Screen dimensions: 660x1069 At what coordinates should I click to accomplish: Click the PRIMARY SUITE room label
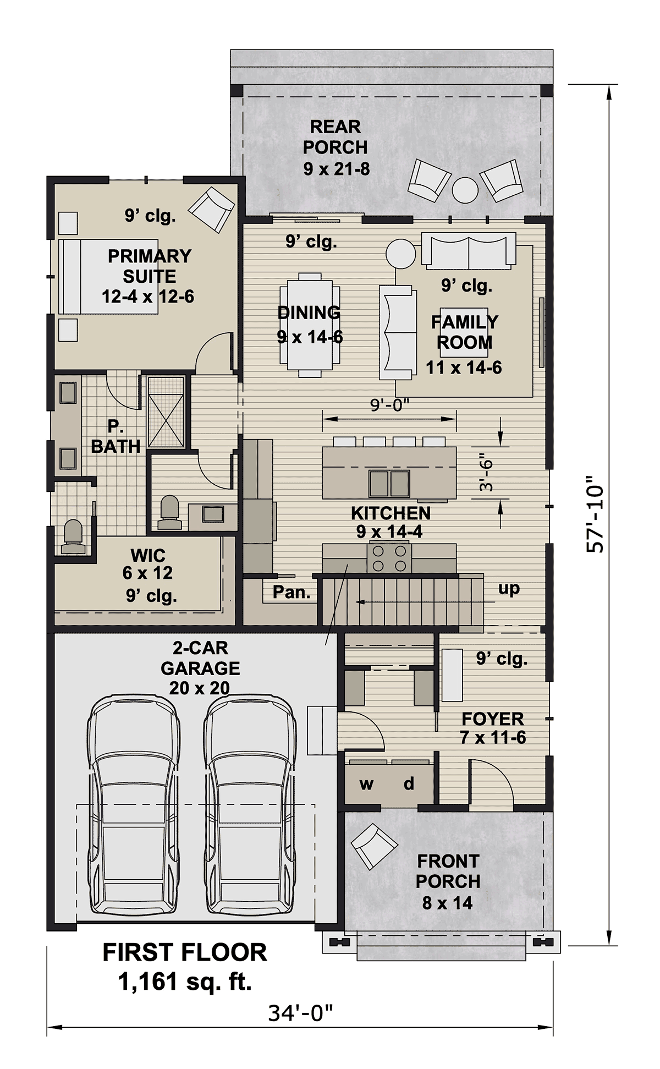(x=149, y=266)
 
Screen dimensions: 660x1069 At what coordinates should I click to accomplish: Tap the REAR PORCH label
(x=335, y=137)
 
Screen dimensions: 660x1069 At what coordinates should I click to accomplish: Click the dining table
(x=310, y=325)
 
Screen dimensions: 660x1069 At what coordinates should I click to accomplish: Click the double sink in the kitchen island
(x=389, y=484)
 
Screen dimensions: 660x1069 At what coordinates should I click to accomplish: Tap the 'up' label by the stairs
(x=509, y=589)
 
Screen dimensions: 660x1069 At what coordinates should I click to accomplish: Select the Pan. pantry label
(x=291, y=592)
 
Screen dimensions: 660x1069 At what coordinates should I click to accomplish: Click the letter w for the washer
(x=366, y=784)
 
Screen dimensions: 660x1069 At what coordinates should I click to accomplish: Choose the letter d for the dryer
(x=409, y=783)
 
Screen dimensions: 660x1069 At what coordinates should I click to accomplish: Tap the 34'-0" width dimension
(x=301, y=1012)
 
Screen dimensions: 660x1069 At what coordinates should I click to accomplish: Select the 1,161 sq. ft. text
(x=185, y=981)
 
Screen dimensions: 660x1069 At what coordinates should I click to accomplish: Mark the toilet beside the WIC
(x=73, y=536)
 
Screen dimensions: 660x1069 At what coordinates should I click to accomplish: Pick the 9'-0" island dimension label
(x=390, y=405)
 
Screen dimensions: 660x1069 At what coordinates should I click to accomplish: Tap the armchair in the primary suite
(x=211, y=209)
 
